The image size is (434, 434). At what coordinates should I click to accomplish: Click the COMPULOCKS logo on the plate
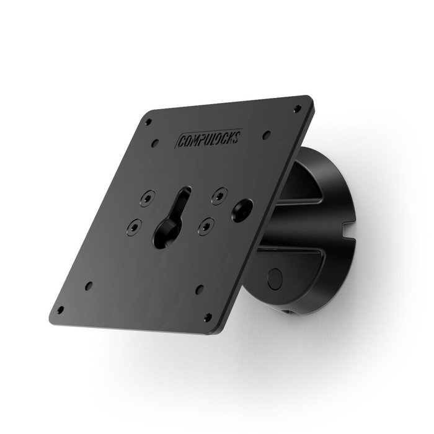210,138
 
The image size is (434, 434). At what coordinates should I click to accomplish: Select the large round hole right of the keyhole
241,210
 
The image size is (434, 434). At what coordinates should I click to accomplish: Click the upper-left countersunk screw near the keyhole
146,198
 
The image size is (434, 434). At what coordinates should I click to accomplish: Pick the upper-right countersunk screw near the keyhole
218,195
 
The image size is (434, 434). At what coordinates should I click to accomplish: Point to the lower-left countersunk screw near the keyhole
133,228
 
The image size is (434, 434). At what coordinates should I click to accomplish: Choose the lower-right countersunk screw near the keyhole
205,227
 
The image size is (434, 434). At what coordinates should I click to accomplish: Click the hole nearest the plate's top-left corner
148,122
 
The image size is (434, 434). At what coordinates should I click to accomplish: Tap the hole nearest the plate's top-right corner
297,108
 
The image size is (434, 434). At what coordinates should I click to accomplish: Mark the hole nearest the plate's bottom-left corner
60,310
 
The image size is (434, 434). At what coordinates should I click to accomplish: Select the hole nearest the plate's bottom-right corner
208,317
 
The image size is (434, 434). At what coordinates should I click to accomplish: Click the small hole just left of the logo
155,143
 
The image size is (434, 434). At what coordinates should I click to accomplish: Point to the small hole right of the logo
266,134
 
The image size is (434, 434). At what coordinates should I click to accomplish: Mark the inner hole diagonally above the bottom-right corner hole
200,289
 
